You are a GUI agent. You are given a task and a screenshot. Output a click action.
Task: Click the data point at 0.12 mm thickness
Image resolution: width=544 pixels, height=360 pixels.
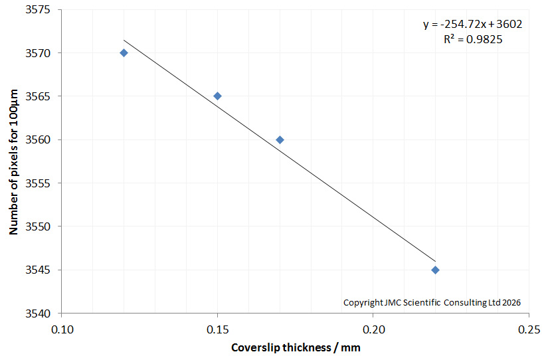tap(124, 52)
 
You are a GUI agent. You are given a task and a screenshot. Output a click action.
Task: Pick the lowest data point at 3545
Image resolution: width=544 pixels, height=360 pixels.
tap(436, 270)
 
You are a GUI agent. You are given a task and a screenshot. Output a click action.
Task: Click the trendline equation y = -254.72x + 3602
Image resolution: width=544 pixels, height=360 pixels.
tap(472, 25)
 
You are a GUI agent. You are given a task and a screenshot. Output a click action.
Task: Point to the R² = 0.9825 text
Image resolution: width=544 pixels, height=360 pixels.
tap(473, 39)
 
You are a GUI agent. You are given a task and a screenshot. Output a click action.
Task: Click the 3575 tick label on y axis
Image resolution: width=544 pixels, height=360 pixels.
tap(38, 10)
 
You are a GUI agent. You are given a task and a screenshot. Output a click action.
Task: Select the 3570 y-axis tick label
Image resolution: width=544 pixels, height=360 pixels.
tap(38, 53)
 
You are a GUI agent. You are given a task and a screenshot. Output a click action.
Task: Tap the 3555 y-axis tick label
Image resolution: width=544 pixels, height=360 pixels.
tap(38, 183)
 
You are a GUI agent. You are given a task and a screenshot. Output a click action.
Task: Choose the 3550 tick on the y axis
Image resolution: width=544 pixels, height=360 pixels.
tap(38, 226)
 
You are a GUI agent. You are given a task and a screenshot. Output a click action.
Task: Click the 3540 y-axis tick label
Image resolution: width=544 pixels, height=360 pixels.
tap(38, 314)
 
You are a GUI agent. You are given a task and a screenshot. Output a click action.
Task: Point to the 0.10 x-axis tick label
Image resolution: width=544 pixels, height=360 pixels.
tap(62, 329)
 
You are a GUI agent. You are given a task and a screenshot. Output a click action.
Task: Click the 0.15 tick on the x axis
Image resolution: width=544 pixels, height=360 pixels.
tap(217, 329)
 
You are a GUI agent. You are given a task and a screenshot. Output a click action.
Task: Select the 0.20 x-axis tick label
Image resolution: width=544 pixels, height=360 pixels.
tap(373, 329)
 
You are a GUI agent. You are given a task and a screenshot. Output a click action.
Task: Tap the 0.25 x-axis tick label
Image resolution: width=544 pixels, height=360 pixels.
tap(529, 329)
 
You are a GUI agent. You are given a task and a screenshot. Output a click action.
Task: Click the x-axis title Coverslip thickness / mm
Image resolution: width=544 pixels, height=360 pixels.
tap(296, 347)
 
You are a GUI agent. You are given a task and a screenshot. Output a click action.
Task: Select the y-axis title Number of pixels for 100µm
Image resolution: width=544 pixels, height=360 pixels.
tap(13, 162)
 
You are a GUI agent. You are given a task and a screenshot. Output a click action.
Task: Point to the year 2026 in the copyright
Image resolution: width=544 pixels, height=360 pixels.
tap(511, 302)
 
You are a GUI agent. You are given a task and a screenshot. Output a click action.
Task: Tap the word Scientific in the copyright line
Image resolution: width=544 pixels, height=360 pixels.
tap(422, 302)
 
